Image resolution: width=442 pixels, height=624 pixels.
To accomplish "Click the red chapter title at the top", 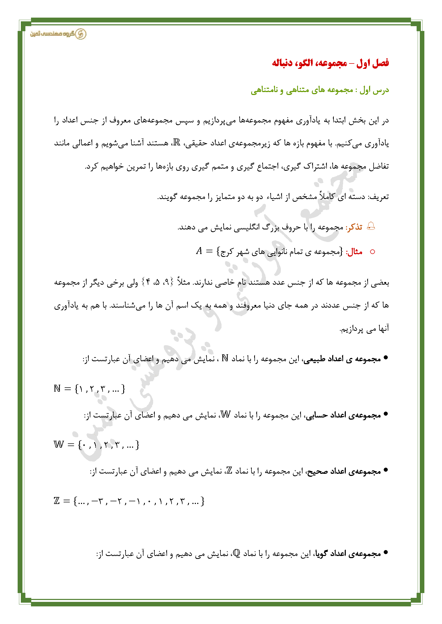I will [x=330, y=63].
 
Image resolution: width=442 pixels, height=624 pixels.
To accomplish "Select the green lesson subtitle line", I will [x=320, y=90].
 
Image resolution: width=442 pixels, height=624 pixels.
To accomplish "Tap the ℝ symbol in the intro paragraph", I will [x=177, y=142].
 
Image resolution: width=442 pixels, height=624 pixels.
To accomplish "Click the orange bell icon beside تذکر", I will [x=371, y=226].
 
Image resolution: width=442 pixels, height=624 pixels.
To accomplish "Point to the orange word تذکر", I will [x=354, y=227].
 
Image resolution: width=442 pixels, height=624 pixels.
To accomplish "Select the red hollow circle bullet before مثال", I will [x=373, y=252].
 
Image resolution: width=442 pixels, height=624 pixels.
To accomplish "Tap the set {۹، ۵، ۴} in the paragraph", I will [x=156, y=282].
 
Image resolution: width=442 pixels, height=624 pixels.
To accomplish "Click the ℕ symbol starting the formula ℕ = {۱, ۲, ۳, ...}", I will [x=57, y=389].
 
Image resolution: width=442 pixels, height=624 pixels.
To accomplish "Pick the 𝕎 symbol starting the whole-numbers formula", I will [x=59, y=445].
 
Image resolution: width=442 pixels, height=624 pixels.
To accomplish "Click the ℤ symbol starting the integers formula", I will [x=57, y=500].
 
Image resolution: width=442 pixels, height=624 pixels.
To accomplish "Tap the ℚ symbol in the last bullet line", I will [x=236, y=553].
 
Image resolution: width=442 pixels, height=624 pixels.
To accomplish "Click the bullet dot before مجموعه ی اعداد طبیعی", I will [x=385, y=358].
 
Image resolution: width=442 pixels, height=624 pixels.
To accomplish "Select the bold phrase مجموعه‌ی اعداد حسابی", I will [x=343, y=415].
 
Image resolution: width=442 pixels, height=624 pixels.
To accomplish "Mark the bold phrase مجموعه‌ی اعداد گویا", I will [x=348, y=554].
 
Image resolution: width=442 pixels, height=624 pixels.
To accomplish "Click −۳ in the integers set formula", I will [x=97, y=501].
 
